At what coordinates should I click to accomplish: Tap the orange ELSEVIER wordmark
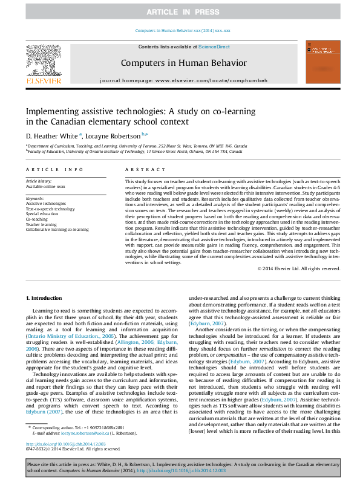point(42,80)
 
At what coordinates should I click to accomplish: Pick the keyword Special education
point(42,213)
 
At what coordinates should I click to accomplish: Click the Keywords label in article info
point(34,198)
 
